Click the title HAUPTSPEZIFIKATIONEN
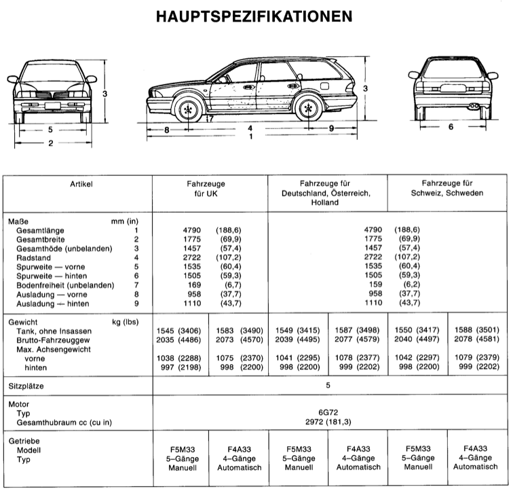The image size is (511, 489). point(254,15)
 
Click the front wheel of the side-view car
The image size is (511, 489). point(188,109)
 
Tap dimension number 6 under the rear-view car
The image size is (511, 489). point(450,127)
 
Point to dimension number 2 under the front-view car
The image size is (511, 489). point(50,143)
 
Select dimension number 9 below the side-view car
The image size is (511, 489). point(331,128)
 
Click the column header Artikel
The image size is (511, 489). point(81,184)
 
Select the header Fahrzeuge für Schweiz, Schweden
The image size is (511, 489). point(448,189)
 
